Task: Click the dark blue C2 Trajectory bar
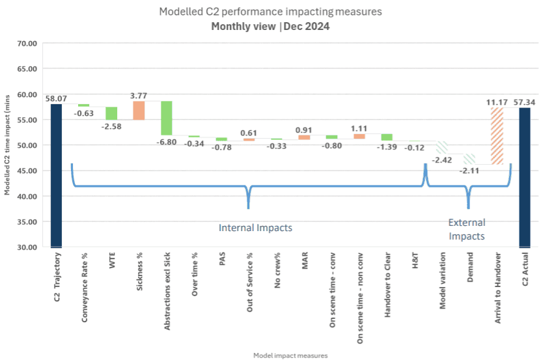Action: [56, 176]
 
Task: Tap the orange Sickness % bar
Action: [139, 110]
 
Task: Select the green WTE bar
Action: [111, 113]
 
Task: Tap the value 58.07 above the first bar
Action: [56, 98]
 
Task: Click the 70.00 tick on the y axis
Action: [27, 43]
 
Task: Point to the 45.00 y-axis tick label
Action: [27, 171]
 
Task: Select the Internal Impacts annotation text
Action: [255, 228]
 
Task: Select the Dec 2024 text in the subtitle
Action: [305, 27]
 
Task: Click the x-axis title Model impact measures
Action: [290, 355]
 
